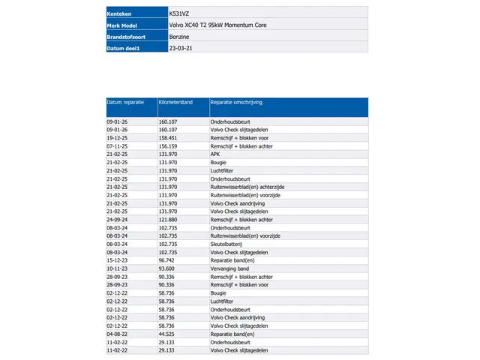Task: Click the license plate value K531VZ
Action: pos(179,13)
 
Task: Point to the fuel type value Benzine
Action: pos(179,36)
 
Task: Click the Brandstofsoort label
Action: pos(127,36)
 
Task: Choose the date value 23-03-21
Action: pos(180,47)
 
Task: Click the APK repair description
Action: pos(215,154)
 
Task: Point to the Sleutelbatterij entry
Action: pos(228,244)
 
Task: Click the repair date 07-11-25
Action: pos(118,145)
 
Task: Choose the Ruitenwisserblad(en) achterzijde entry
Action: pos(247,187)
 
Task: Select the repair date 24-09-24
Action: pos(118,220)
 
